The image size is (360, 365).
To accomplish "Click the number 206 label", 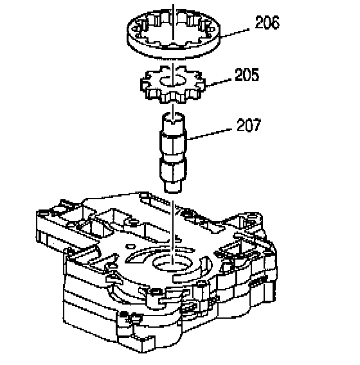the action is click(x=267, y=22).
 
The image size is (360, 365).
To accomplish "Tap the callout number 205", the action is click(x=247, y=75).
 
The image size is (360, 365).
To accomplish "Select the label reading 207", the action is click(x=249, y=125).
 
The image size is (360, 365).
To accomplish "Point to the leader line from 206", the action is click(x=235, y=33).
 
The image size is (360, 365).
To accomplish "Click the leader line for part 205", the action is click(x=218, y=83).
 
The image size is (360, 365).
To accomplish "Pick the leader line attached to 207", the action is click(x=210, y=134).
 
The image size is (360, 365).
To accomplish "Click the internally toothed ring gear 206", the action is click(x=174, y=33).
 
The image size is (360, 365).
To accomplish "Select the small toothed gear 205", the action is click(x=173, y=84).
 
